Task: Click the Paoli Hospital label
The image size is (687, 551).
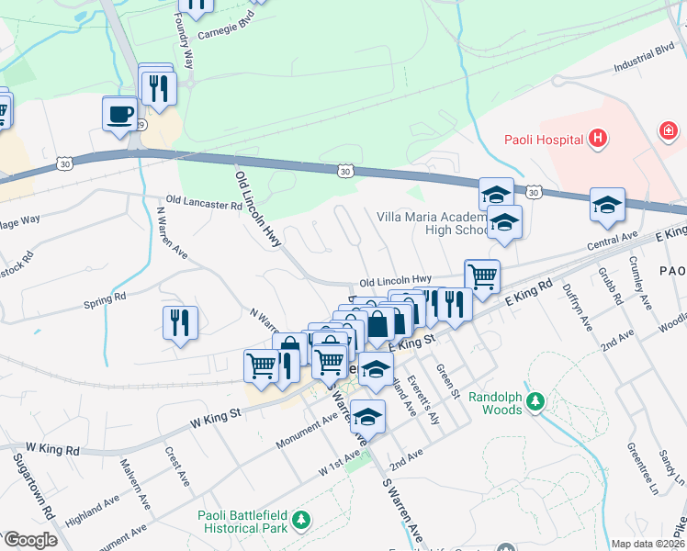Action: [x=544, y=140]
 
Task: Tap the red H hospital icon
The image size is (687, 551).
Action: [x=598, y=140]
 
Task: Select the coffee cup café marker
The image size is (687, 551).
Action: [x=119, y=114]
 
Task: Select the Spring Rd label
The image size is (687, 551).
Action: [x=104, y=301]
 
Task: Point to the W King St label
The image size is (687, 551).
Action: [x=215, y=417]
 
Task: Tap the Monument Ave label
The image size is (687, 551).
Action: [x=308, y=431]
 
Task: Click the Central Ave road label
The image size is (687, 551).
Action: [x=613, y=244]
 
